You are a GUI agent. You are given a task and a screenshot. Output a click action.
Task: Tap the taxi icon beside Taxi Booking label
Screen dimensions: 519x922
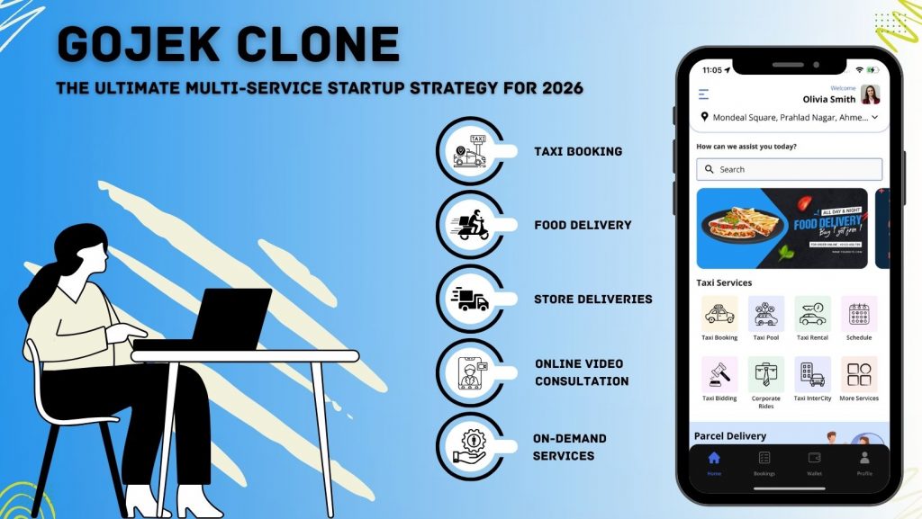click(470, 151)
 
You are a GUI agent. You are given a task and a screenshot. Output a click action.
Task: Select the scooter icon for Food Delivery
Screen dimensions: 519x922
click(470, 225)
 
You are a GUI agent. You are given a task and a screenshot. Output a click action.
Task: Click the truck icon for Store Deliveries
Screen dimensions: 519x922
click(470, 299)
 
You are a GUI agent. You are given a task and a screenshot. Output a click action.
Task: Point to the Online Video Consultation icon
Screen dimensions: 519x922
click(470, 372)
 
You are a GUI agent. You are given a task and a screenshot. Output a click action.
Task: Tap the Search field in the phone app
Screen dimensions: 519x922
click(789, 169)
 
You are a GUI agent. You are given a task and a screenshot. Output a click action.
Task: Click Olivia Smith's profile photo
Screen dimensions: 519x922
click(870, 94)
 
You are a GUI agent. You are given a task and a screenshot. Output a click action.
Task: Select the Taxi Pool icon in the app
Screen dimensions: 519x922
click(766, 314)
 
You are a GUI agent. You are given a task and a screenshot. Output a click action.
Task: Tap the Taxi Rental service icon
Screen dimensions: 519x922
click(812, 314)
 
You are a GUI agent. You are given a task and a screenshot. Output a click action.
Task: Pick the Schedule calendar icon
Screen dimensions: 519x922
click(859, 314)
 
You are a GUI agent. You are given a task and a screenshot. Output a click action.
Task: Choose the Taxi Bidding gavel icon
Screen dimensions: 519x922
click(719, 374)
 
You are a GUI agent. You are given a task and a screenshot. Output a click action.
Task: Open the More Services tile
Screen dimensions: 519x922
click(859, 374)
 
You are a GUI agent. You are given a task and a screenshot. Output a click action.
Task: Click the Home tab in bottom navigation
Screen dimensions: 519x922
click(714, 461)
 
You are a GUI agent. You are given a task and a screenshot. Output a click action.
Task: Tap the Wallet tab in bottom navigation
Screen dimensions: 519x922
click(814, 461)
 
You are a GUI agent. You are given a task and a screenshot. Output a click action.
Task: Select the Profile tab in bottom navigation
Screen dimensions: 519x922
click(864, 461)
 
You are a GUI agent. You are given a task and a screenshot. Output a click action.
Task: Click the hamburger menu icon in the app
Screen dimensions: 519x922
click(703, 94)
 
